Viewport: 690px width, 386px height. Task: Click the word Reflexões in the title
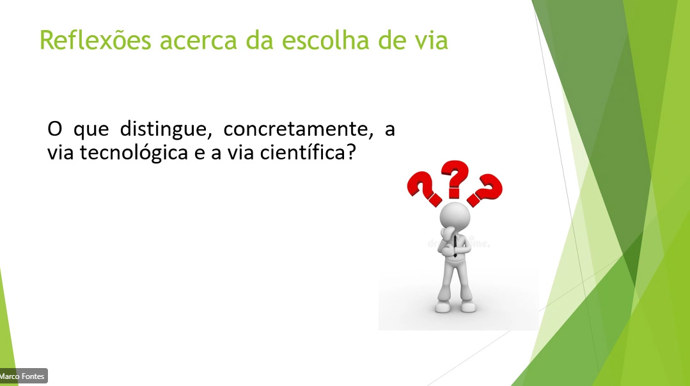click(x=95, y=40)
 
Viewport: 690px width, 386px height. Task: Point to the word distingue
click(x=166, y=129)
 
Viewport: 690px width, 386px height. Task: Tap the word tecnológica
click(x=134, y=153)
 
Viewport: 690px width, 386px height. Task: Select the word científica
click(x=302, y=152)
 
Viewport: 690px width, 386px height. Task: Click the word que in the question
click(x=91, y=131)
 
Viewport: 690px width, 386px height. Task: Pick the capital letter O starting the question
click(x=54, y=129)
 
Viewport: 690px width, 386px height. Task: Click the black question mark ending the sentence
click(x=350, y=152)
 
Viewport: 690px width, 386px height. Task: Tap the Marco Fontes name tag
click(x=23, y=376)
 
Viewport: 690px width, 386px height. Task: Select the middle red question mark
click(x=455, y=178)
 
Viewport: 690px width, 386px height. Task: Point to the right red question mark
click(x=485, y=189)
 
